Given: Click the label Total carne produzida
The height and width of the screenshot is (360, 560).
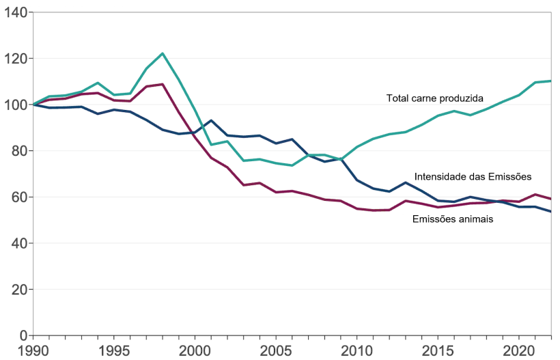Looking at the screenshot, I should pyautogui.click(x=434, y=98).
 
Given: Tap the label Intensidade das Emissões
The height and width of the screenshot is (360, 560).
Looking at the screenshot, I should pyautogui.click(x=473, y=177).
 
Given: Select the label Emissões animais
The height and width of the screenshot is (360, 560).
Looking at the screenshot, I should pyautogui.click(x=453, y=219).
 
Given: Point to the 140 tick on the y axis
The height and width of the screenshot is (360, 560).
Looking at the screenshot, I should pyautogui.click(x=15, y=12).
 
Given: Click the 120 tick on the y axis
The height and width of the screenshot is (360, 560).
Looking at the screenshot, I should pyautogui.click(x=15, y=59).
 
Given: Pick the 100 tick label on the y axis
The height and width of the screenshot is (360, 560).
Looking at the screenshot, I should pyautogui.click(x=15, y=105).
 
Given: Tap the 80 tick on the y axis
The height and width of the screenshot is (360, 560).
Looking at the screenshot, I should pyautogui.click(x=18, y=151).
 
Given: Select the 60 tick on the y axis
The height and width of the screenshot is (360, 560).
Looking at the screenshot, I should pyautogui.click(x=18, y=197).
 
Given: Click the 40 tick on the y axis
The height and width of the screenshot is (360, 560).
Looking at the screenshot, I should pyautogui.click(x=18, y=243).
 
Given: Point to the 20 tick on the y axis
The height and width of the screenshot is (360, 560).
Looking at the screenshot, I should pyautogui.click(x=18, y=290).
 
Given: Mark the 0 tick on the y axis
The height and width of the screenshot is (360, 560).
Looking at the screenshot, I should pyautogui.click(x=22, y=335).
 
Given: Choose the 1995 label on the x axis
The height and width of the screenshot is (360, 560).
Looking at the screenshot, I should pyautogui.click(x=114, y=351).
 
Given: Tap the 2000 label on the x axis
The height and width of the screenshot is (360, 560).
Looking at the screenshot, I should pyautogui.click(x=195, y=351).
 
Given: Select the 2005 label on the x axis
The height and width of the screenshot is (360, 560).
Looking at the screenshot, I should pyautogui.click(x=275, y=351).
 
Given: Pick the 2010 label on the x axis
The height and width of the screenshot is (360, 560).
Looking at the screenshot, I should pyautogui.click(x=356, y=351).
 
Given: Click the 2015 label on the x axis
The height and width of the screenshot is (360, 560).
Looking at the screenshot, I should pyautogui.click(x=436, y=351).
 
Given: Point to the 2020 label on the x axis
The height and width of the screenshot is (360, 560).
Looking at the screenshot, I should pyautogui.click(x=517, y=351).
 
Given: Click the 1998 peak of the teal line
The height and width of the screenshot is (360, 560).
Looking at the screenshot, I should pyautogui.click(x=163, y=53).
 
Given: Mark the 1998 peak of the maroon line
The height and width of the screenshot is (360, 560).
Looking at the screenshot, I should pyautogui.click(x=163, y=84).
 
